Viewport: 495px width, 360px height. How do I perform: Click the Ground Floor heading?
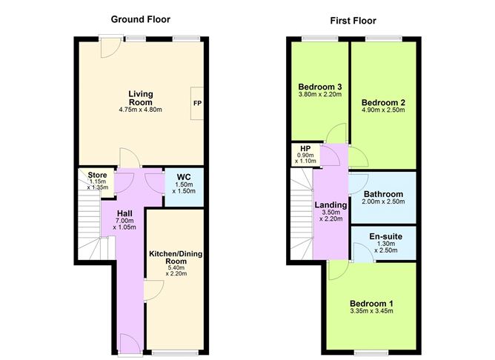click(x=142, y=19)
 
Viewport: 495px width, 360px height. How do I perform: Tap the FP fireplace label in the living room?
click(x=198, y=102)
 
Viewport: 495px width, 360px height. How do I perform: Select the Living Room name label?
click(x=140, y=97)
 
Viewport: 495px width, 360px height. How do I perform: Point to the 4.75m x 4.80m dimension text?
click(x=140, y=110)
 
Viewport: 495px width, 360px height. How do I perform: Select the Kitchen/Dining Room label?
click(x=176, y=259)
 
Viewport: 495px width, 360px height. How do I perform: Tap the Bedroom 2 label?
click(x=382, y=102)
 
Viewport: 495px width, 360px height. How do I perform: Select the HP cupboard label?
click(x=305, y=147)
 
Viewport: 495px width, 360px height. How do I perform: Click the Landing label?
click(x=330, y=205)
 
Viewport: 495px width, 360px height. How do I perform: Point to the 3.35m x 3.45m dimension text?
click(x=371, y=311)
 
